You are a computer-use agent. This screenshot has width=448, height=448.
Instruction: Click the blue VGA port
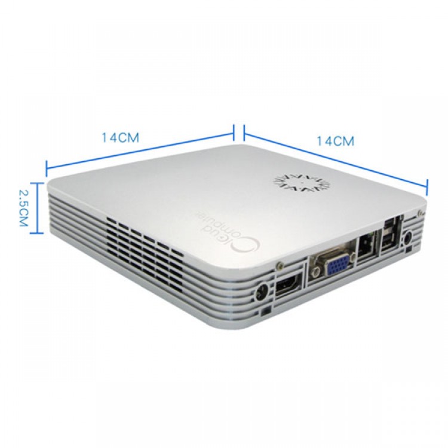(x=337, y=265)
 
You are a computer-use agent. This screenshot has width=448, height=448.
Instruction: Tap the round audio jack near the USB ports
(x=408, y=237)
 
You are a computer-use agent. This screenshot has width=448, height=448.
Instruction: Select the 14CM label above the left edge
(x=121, y=138)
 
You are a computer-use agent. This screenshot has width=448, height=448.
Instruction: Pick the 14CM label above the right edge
(x=336, y=141)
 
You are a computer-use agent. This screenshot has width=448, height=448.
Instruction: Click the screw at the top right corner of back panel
(x=420, y=212)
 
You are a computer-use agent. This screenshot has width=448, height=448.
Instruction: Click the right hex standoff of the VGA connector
(x=353, y=254)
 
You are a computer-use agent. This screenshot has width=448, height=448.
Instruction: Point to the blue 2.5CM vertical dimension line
(x=36, y=208)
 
